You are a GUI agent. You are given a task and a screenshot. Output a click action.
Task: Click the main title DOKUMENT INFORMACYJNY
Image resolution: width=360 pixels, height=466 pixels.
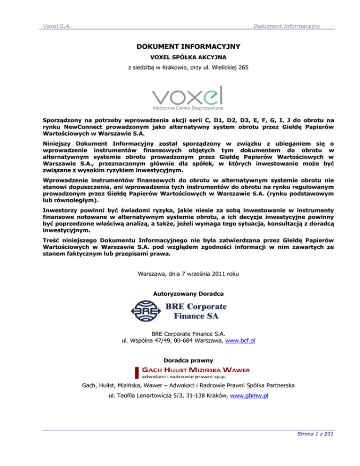tap(180, 47)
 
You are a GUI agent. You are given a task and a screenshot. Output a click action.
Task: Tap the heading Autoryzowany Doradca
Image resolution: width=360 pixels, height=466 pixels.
tap(180, 293)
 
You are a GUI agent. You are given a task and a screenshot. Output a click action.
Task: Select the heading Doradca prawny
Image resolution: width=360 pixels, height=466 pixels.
tap(180, 361)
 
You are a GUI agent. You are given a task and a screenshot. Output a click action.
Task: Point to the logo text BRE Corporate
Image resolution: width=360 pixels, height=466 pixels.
tap(196, 308)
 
